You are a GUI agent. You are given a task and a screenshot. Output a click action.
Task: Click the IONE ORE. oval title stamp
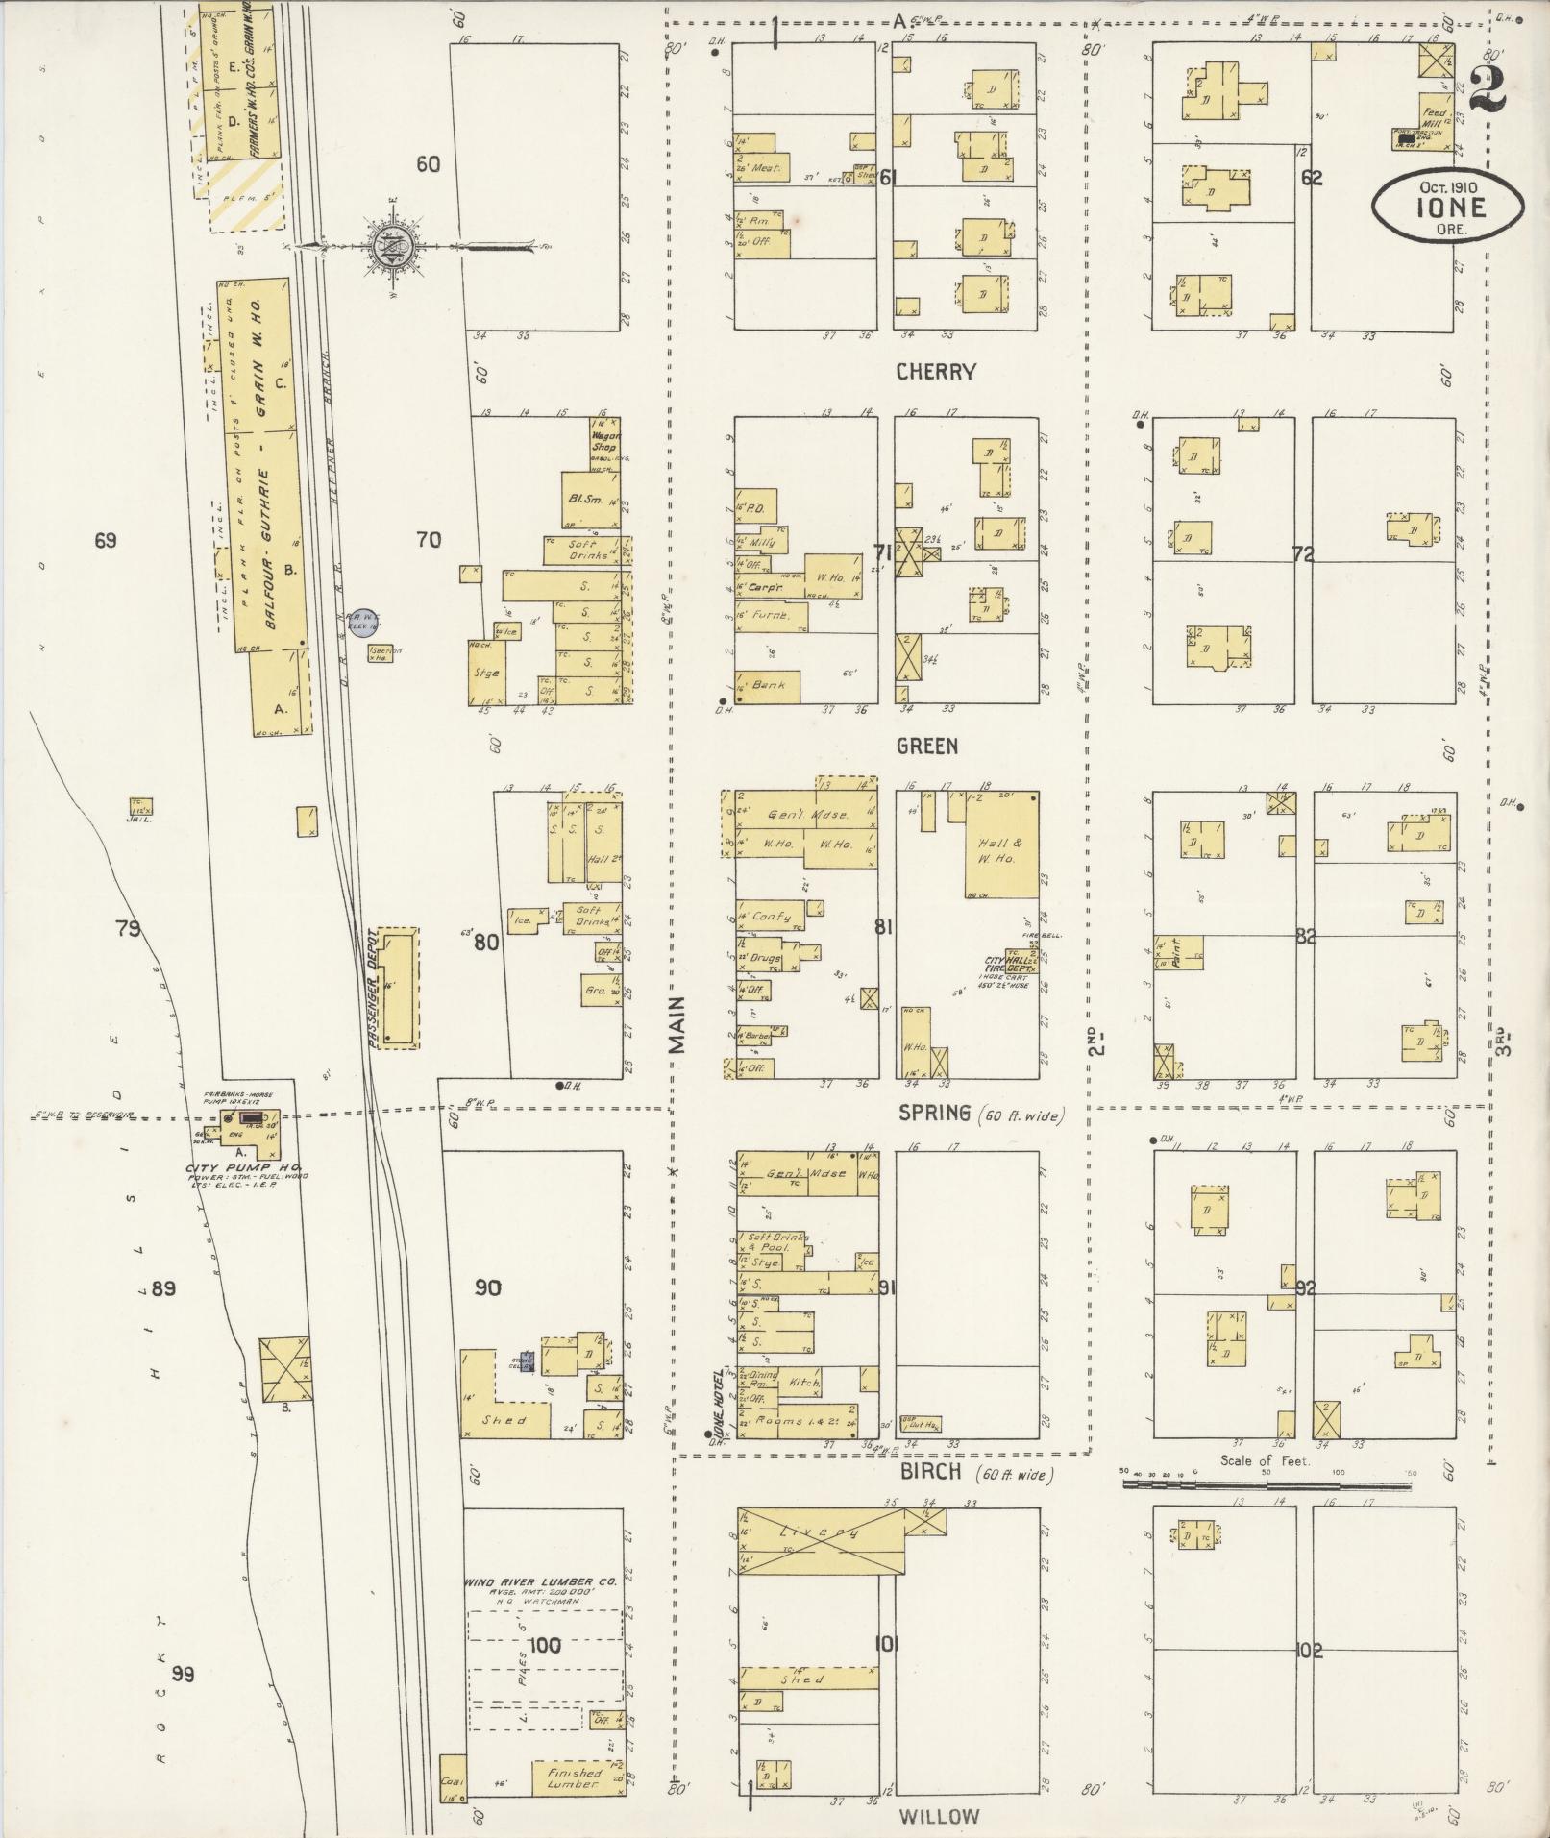click(1447, 204)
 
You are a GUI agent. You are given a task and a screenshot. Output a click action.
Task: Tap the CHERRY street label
click(936, 372)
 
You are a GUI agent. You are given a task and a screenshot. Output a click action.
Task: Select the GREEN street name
click(927, 746)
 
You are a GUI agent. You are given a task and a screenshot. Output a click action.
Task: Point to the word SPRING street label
click(934, 1114)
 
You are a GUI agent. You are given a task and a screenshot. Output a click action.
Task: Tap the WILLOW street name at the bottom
click(940, 1816)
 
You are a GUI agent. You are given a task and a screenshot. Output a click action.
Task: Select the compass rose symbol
click(394, 247)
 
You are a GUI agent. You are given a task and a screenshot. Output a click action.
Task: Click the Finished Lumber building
click(575, 1777)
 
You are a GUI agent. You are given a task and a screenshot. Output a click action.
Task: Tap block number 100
click(544, 1645)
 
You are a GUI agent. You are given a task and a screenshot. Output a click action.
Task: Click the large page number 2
click(1486, 91)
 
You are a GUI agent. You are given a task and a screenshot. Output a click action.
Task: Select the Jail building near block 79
click(141, 807)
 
